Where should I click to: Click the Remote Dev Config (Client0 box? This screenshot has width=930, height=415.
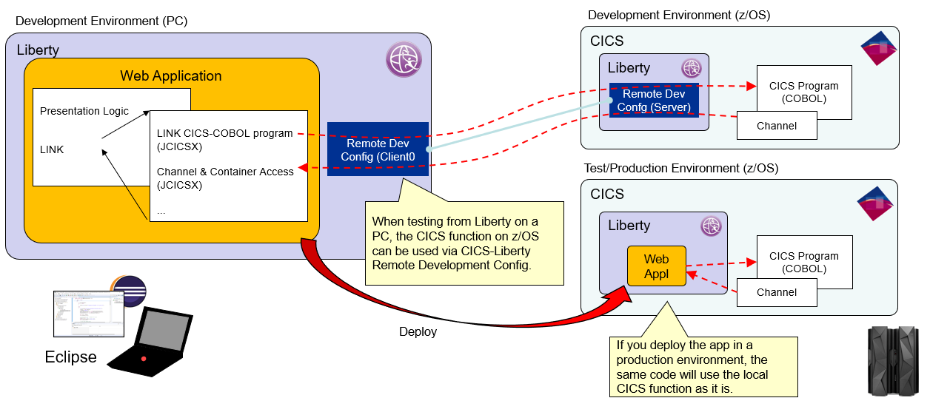378,149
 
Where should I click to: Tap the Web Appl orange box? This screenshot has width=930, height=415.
656,266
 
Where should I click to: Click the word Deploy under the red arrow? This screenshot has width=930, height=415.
418,332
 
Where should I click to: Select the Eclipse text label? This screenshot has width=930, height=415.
71,357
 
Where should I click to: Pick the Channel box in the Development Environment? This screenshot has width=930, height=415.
777,126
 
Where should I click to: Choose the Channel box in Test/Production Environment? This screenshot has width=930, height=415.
777,292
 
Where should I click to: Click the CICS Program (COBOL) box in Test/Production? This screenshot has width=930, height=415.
803,262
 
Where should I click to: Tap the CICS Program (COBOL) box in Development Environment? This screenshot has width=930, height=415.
803,92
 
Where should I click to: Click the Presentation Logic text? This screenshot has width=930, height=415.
84,111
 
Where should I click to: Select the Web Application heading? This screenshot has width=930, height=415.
171,76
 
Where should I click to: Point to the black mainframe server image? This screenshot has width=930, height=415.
893,360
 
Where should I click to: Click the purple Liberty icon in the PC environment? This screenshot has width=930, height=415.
404,59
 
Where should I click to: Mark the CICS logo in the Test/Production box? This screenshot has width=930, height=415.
879,204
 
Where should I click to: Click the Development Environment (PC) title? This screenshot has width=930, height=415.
101,21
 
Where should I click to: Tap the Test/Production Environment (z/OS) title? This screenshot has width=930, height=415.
681,168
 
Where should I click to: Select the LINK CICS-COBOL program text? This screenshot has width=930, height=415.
225,133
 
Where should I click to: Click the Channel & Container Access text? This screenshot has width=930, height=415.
225,172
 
